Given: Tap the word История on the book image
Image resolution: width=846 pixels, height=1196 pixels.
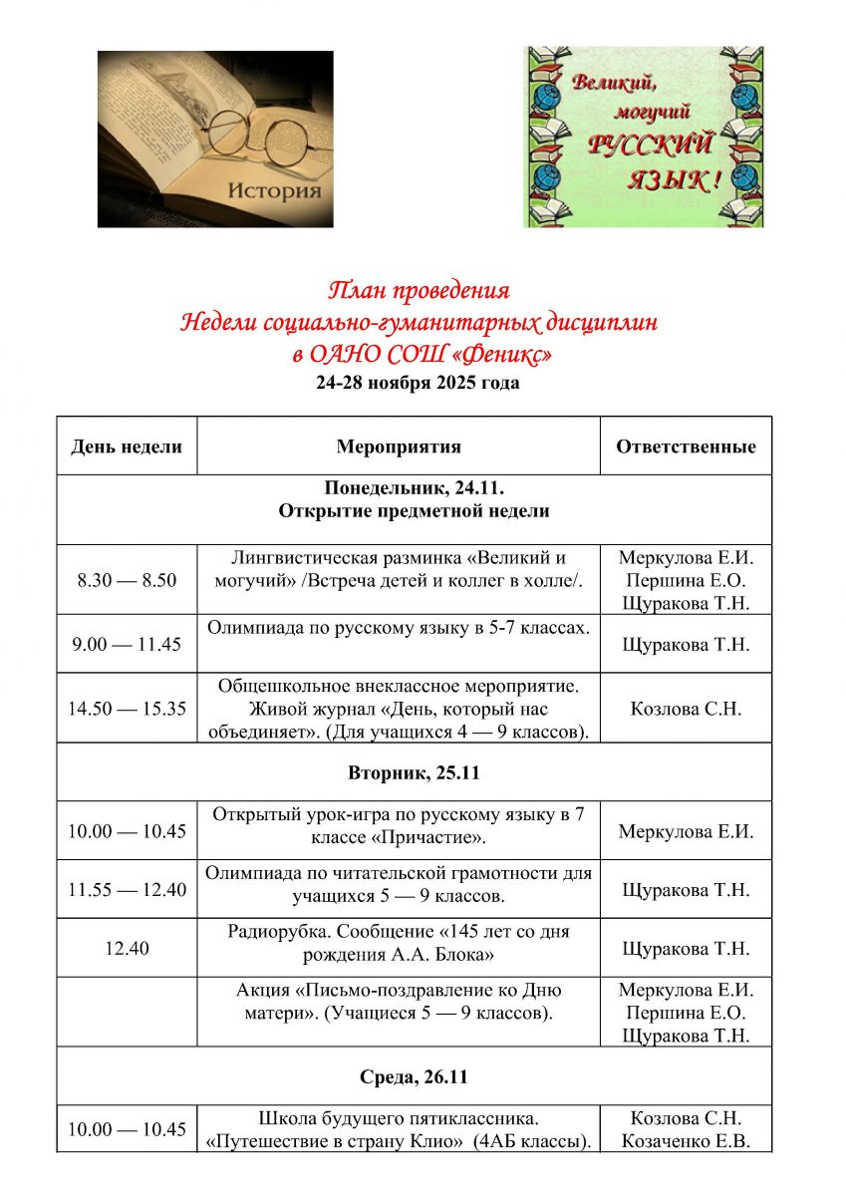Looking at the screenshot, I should [x=274, y=190].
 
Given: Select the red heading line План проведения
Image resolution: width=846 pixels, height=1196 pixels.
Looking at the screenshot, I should [x=419, y=291].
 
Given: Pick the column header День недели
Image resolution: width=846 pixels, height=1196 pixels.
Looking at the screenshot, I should [x=127, y=446].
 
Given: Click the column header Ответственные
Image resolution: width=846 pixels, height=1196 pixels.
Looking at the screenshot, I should [x=686, y=446].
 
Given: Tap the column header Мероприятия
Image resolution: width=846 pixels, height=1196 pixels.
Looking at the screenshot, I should [x=399, y=446].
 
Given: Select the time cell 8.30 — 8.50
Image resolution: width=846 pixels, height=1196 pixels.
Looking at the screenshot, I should [x=127, y=579].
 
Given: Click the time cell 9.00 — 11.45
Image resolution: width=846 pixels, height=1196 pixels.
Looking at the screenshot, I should [x=127, y=644].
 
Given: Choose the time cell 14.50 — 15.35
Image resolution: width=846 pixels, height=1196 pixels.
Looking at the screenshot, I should [x=127, y=709].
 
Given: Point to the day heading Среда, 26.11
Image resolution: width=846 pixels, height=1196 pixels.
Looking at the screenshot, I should [x=414, y=1076].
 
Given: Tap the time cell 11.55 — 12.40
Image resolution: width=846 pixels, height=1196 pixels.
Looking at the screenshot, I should [x=127, y=889].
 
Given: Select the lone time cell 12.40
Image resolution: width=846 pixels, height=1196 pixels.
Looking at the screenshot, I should [x=127, y=948].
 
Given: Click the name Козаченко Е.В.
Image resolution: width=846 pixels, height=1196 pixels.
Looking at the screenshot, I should [x=686, y=1141].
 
